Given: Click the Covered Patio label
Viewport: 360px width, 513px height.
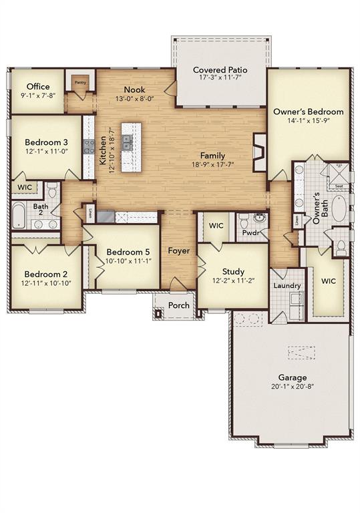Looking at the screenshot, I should point(220,69).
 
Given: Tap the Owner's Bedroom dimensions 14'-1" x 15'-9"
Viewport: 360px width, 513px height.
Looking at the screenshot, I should point(309,122).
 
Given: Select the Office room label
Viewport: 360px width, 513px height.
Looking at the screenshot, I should point(37,87).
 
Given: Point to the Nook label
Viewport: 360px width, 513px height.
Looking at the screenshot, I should point(134,90).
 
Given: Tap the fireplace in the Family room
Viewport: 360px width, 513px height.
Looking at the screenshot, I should point(258,152).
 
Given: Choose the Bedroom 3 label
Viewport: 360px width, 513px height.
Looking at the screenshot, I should point(46,142).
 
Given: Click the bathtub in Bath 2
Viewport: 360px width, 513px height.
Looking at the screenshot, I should point(19,215).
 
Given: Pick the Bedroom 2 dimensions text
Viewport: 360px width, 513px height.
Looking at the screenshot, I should point(47,283).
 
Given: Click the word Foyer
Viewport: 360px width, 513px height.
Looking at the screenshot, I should point(178,251).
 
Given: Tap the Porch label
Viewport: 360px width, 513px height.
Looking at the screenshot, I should point(178,305).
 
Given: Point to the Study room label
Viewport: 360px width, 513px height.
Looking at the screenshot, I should point(233,272).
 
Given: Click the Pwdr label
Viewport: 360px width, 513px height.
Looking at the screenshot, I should point(252,234).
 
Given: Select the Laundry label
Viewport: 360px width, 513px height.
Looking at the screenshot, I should point(287,285).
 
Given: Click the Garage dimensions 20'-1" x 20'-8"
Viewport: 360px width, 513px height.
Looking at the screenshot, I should point(293,387).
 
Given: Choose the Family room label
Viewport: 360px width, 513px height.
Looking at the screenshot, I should point(212,156).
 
